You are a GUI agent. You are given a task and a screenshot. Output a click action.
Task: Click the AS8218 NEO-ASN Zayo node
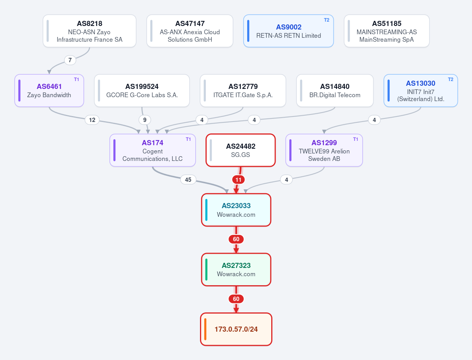89,31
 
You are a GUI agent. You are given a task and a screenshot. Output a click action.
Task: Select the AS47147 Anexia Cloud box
190,31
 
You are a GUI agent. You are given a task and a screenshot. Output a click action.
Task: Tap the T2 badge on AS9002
327,20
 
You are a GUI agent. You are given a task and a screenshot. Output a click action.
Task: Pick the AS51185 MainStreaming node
387,31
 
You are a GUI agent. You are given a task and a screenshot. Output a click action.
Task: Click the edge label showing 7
70,60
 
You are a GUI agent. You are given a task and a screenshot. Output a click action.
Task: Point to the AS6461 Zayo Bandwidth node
49,90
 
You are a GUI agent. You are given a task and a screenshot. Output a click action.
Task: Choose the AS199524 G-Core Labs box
142,90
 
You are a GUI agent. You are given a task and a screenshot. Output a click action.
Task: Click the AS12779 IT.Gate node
243,90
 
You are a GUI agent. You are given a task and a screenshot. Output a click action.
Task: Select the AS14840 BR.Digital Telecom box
335,90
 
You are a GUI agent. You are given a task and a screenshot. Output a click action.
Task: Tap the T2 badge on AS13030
451,80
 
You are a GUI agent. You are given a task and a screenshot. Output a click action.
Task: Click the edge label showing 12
92,120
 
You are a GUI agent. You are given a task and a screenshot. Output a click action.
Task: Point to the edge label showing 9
145,120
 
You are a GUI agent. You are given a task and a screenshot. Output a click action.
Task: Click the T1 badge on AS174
188,139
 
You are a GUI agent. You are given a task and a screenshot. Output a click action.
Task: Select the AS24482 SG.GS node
241,150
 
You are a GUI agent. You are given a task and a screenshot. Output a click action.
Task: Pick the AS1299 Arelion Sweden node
324,150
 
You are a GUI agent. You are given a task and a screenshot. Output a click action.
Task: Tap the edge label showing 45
188,180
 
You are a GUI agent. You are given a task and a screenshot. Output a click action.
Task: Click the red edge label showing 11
239,180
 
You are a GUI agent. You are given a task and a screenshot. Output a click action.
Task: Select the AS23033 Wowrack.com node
236,210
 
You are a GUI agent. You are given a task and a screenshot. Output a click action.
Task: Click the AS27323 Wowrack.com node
236,270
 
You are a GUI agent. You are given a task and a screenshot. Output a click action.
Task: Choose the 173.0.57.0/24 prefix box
236,329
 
